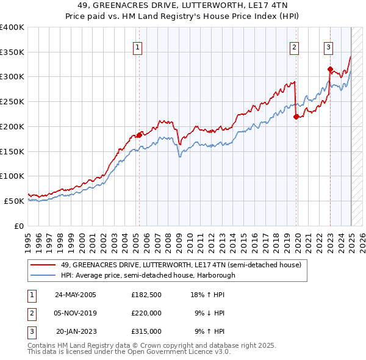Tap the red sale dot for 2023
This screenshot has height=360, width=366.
click(x=330, y=69)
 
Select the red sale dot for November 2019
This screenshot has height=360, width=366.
click(x=296, y=117)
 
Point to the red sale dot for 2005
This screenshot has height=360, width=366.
click(x=139, y=135)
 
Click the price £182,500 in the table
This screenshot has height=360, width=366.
click(x=146, y=294)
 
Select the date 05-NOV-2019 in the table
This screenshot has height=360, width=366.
click(x=76, y=313)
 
